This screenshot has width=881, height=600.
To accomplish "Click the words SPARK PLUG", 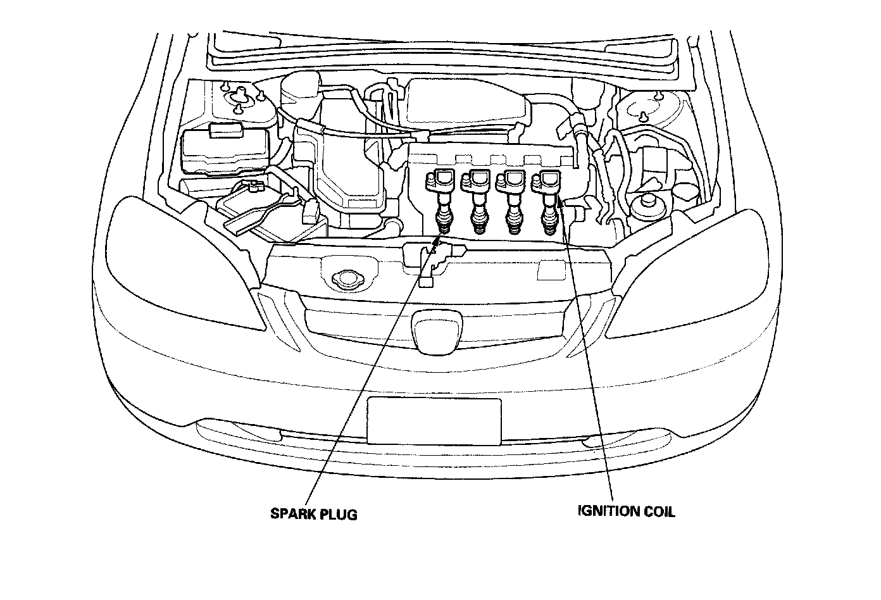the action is click(x=314, y=514).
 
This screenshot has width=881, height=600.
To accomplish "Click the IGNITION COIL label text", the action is click(x=626, y=511).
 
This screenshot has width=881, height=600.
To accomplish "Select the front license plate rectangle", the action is click(x=434, y=422).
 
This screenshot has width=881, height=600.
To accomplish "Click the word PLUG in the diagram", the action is click(x=341, y=514).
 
